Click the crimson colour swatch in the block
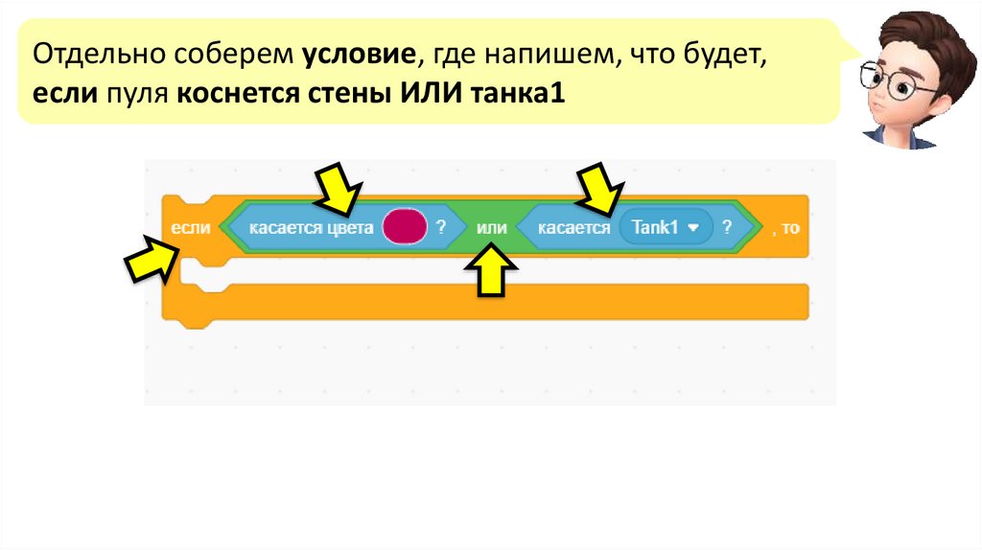click(403, 228)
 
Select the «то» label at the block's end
click(790, 230)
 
